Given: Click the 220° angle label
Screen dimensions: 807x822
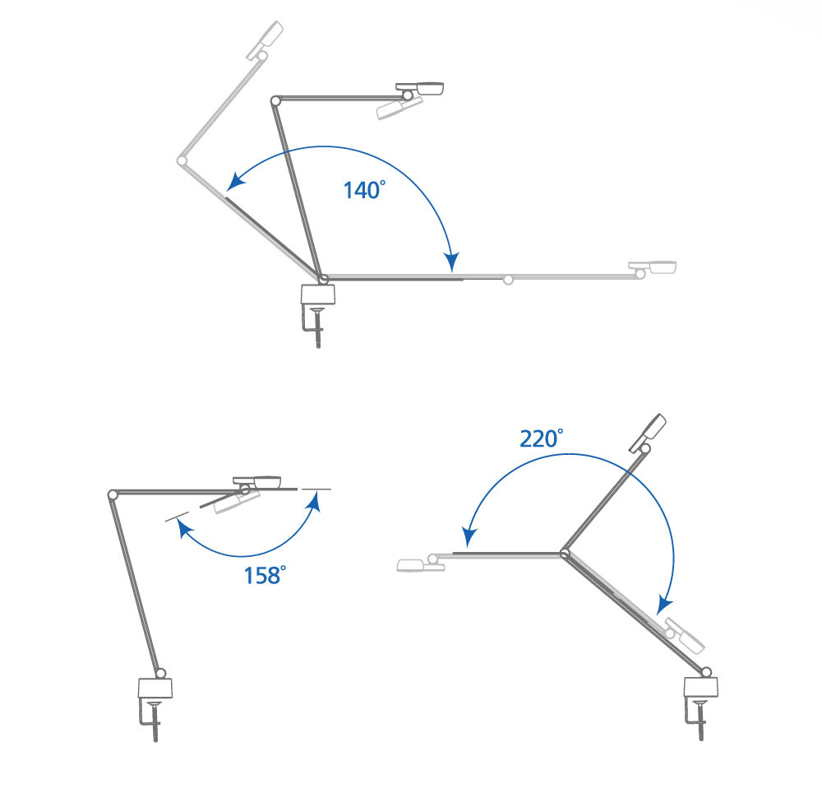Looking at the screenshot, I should [541, 438].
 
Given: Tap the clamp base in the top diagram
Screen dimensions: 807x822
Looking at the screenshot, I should [318, 294].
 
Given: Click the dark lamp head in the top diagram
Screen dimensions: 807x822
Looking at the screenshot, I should [420, 87].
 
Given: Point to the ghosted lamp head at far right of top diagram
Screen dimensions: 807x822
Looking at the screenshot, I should [653, 267].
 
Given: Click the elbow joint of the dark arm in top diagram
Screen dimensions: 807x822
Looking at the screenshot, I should [275, 100].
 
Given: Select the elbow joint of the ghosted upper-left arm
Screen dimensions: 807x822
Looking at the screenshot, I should [182, 160].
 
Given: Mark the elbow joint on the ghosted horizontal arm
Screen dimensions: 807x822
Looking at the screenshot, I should [508, 281].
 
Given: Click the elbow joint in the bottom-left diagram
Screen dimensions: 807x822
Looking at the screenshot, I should [113, 494].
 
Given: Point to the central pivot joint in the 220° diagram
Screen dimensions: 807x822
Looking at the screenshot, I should [565, 554].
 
